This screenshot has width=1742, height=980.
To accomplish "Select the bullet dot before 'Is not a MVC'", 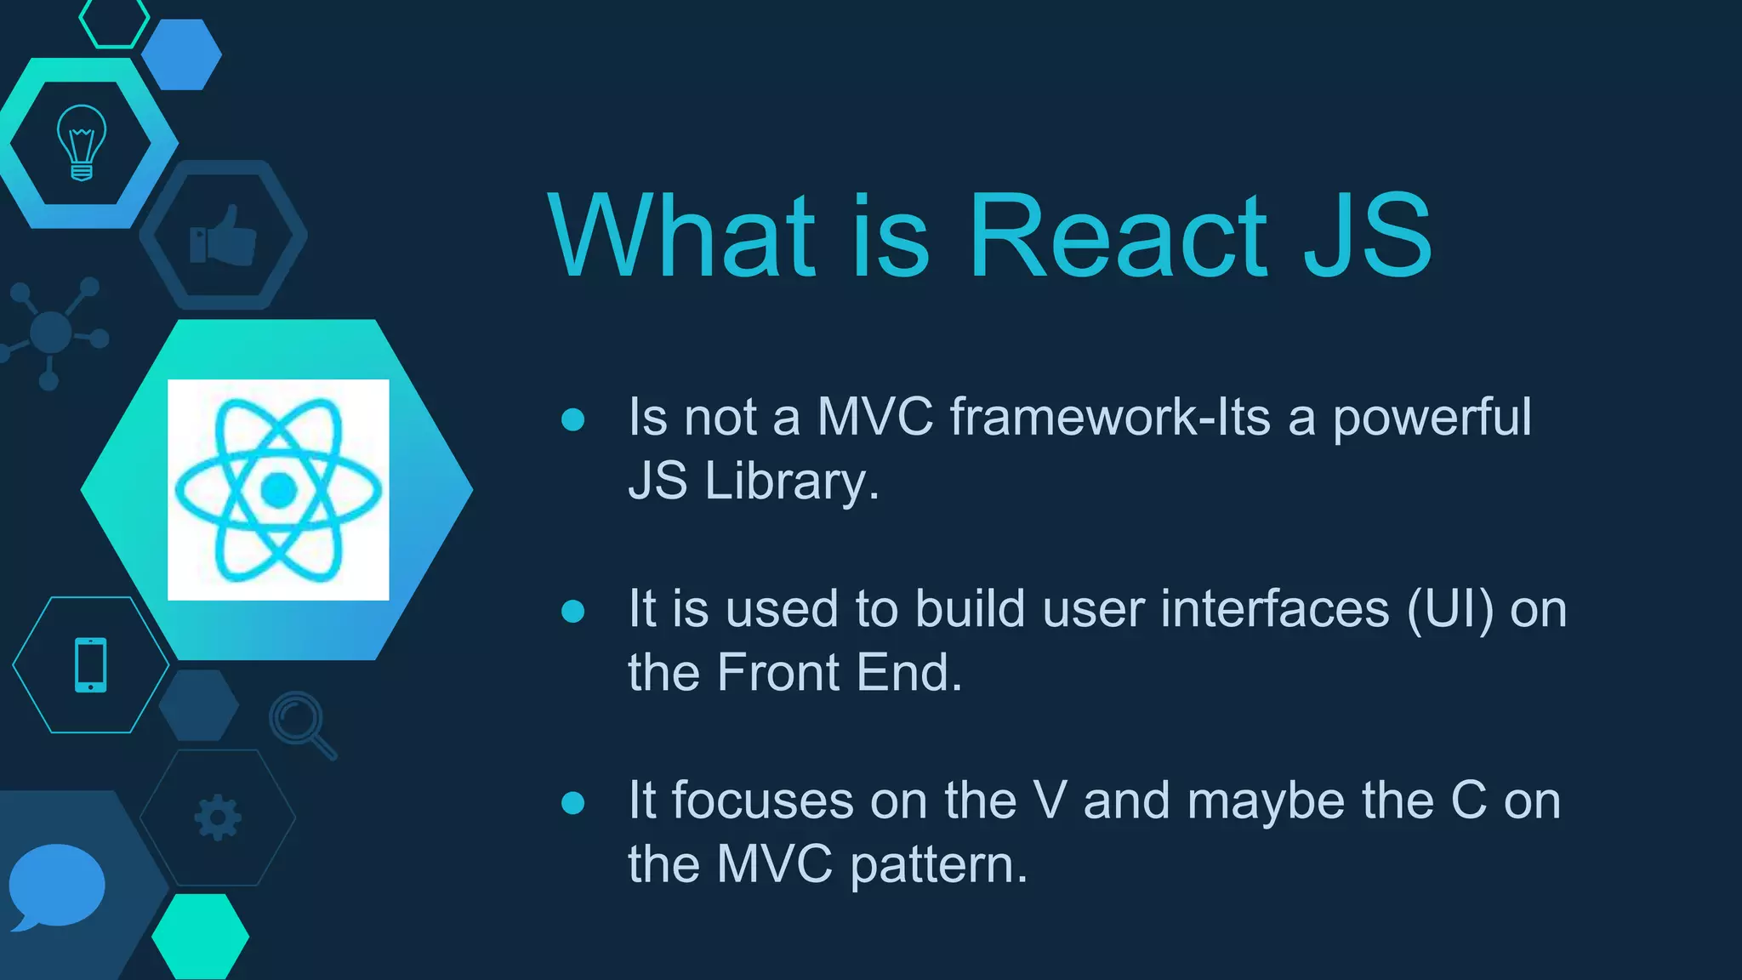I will tap(573, 419).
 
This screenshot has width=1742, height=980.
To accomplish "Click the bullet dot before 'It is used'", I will tap(573, 611).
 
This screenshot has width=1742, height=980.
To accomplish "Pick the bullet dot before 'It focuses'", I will tap(573, 802).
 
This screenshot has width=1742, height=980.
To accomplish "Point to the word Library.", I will tap(790, 481).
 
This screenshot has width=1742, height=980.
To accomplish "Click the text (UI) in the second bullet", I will tap(1449, 610).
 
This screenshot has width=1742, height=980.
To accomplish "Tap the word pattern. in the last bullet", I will tap(939, 866).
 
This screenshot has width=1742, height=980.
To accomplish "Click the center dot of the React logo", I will tap(278, 490).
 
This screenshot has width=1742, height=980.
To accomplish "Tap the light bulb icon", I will tap(82, 142).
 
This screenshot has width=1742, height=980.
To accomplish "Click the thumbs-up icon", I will tap(224, 236).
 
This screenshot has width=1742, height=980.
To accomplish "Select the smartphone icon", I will tap(91, 664).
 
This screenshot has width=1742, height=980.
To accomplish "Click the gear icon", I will tap(218, 818).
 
